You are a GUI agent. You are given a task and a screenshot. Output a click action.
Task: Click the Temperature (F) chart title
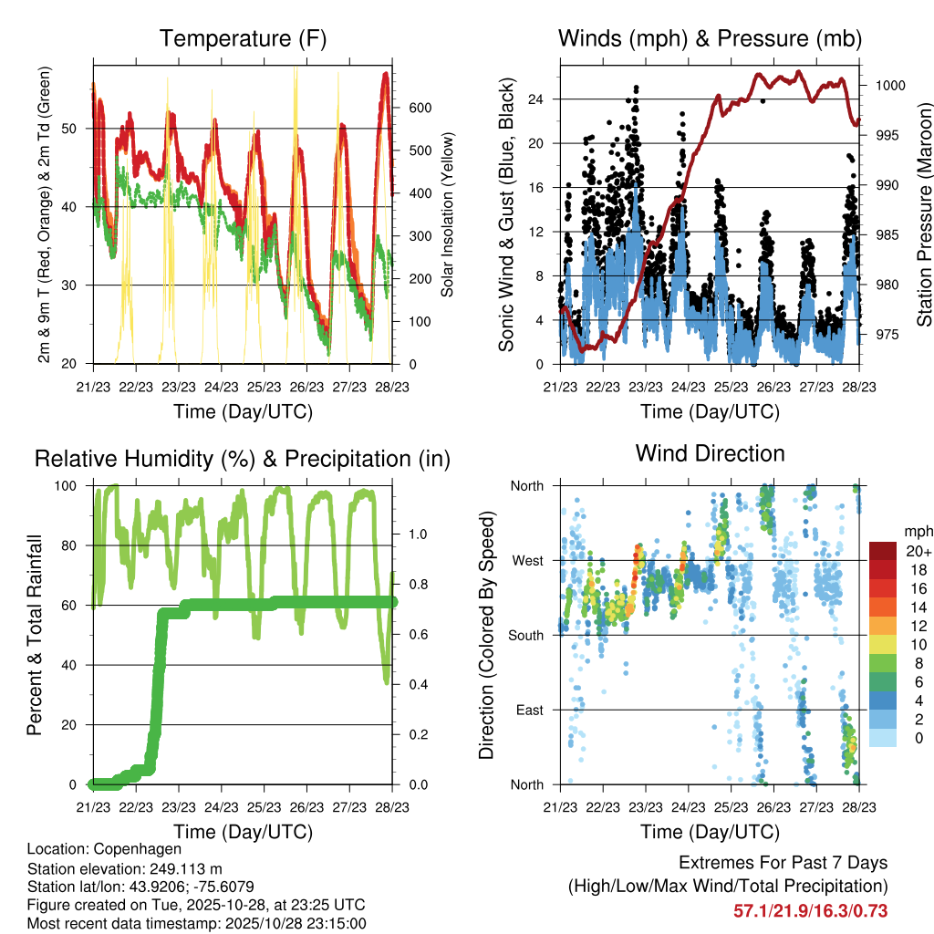[243, 39]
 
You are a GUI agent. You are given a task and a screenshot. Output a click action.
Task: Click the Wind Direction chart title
[710, 453]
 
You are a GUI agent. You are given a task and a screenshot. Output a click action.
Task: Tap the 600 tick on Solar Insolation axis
[419, 108]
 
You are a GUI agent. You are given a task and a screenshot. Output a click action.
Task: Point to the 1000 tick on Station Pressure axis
[889, 86]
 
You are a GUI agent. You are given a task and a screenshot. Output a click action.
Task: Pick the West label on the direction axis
[528, 560]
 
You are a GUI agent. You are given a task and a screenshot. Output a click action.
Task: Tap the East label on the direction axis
[530, 710]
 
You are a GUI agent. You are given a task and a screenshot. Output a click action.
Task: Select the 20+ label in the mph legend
[918, 551]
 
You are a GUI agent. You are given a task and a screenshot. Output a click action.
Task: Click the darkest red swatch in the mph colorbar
[882, 551]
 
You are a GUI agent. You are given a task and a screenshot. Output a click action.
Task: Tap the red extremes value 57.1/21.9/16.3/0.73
[810, 911]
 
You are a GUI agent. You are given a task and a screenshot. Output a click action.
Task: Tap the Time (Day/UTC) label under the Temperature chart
[243, 411]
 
